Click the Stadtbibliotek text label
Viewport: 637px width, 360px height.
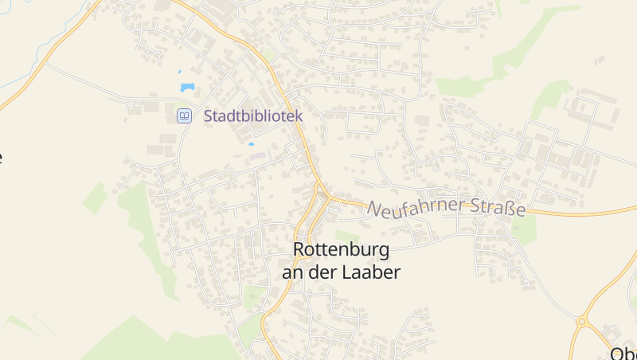pos(253,116)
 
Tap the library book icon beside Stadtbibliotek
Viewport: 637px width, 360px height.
pos(184,116)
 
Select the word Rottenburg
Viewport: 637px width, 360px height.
pos(341,250)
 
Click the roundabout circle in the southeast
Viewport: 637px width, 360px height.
pos(582,322)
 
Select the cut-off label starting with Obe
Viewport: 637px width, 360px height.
pos(623,353)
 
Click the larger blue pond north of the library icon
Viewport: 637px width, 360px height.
pos(187,87)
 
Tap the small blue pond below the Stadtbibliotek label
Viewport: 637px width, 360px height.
pos(252,144)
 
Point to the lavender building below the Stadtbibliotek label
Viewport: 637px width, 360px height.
pos(256,155)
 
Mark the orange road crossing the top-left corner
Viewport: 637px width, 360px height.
pos(48,56)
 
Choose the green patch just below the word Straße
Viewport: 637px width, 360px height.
pos(523,231)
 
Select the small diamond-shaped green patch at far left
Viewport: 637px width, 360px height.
pos(96,197)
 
